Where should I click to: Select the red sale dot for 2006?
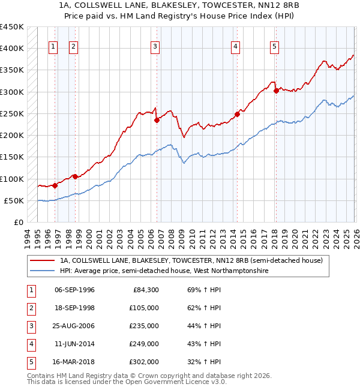[157, 120]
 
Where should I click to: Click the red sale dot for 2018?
[276, 91]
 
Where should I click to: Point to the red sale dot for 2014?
[237, 114]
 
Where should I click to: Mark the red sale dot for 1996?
[55, 185]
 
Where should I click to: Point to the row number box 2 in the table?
[31, 308]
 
